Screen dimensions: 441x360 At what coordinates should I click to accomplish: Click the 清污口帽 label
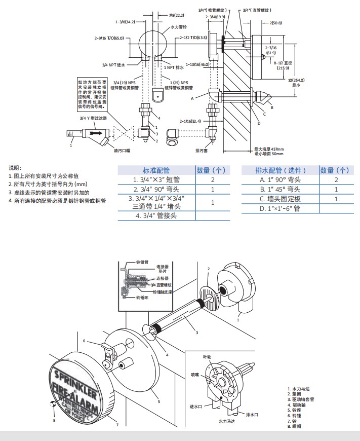pyautogui.click(x=122, y=150)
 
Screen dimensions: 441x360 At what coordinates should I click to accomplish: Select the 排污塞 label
pyautogui.click(x=203, y=150)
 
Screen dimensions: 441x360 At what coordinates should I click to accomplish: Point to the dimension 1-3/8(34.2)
pyautogui.click(x=125, y=22)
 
